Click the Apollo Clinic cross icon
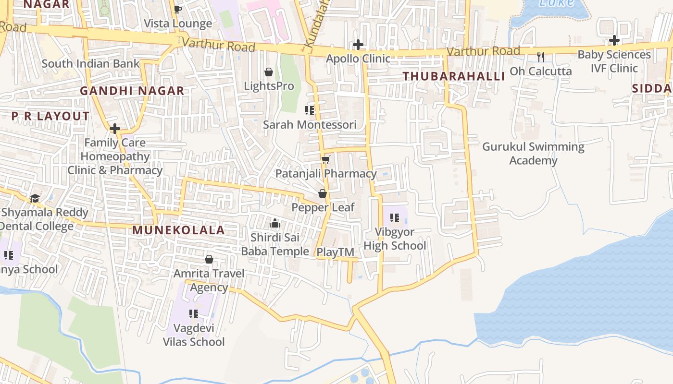358,45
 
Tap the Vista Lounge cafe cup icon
177,9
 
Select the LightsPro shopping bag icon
269,72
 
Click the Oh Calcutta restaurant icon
541,57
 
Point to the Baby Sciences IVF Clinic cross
614,40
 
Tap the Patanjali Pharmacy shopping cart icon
325,159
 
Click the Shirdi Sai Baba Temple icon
275,223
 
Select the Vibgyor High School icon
395,217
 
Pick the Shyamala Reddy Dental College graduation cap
35,198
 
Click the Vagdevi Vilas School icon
194,314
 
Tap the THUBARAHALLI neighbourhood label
454,76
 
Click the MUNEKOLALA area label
178,230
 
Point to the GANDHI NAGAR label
132,91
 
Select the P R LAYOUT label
50,116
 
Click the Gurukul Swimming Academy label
533,153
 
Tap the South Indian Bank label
90,63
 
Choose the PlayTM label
335,252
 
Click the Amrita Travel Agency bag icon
209,259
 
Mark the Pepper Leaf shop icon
323,193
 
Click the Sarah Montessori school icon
310,110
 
